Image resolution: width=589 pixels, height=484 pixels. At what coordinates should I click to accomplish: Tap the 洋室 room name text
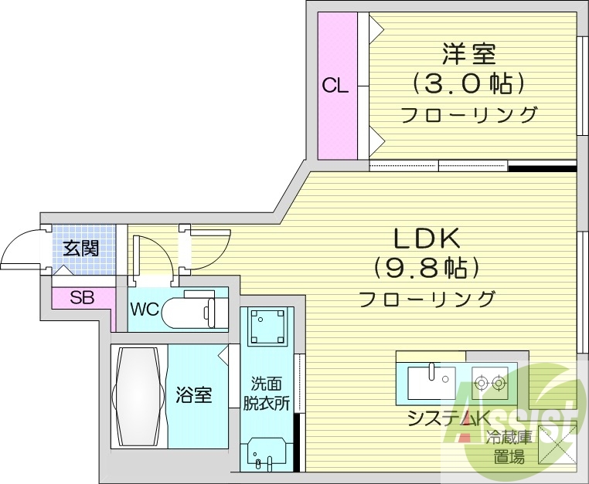tap(468, 55)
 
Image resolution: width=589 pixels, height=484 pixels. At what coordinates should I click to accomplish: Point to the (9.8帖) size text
tap(427, 267)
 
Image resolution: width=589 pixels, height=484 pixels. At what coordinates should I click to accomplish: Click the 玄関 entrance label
tap(80, 248)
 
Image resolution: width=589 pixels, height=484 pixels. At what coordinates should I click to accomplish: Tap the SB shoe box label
tap(82, 297)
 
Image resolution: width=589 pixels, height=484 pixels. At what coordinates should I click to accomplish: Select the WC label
tap(145, 310)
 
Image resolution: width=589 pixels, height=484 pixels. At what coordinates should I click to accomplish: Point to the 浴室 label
tap(194, 395)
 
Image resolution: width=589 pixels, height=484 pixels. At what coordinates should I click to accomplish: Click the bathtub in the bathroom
tap(139, 394)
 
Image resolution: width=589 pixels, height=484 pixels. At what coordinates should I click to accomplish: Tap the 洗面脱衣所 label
tap(267, 392)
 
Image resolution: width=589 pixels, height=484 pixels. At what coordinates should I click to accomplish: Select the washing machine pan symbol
tap(267, 327)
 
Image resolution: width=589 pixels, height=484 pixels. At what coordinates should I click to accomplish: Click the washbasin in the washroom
tap(267, 454)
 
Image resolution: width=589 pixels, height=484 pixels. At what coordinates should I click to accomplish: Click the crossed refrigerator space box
tap(554, 445)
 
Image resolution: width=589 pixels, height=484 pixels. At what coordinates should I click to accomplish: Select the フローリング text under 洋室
tap(468, 115)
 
